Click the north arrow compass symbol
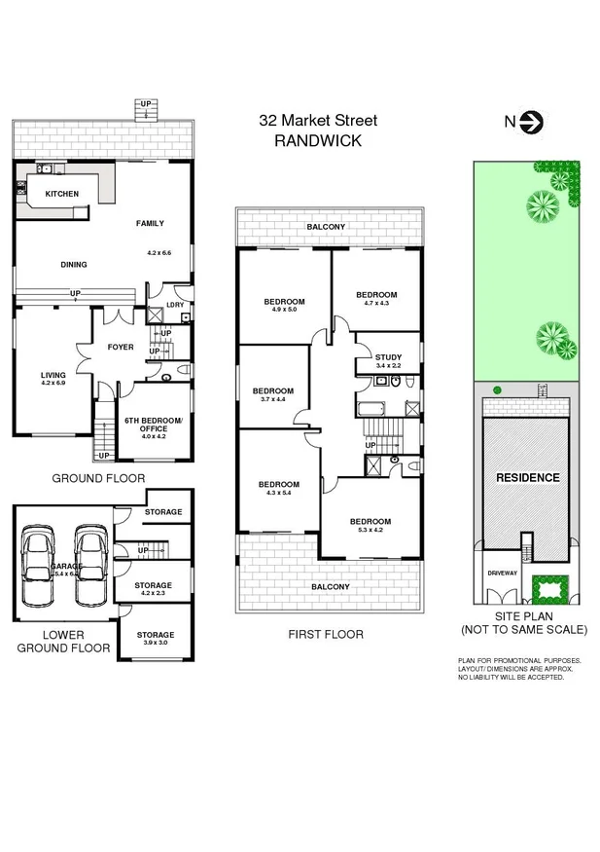click(x=532, y=122)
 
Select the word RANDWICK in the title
click(x=317, y=140)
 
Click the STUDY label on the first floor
click(x=388, y=357)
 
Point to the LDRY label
click(x=175, y=305)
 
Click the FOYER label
click(x=121, y=347)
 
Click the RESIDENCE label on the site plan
click(x=528, y=477)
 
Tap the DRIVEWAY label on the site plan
click(x=503, y=573)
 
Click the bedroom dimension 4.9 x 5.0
click(x=284, y=312)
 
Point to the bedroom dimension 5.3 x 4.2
click(x=371, y=531)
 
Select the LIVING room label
click(x=53, y=375)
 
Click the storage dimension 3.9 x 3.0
click(x=155, y=643)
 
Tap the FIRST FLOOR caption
click(x=326, y=634)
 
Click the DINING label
click(x=73, y=264)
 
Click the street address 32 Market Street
click(x=317, y=121)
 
